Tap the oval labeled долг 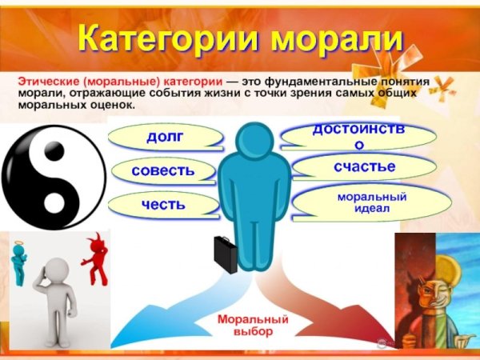[x=164, y=137]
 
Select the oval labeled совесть [x=164, y=170]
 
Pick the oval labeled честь [x=163, y=204]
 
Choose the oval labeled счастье [x=364, y=166]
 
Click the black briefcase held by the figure [x=226, y=254]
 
